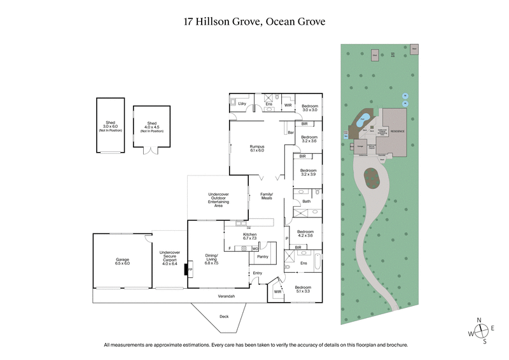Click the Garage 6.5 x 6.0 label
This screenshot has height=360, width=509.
122,261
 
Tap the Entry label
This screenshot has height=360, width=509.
257,273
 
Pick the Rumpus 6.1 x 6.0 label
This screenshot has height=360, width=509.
256,148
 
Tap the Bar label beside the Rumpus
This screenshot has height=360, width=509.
290,133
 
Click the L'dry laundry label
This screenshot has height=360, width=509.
242,103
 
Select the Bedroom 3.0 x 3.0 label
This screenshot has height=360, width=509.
309,107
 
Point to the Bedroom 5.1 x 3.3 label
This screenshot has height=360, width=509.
302,290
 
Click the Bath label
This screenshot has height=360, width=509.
306,202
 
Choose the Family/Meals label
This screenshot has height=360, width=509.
266,196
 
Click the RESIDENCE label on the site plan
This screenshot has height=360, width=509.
397,130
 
